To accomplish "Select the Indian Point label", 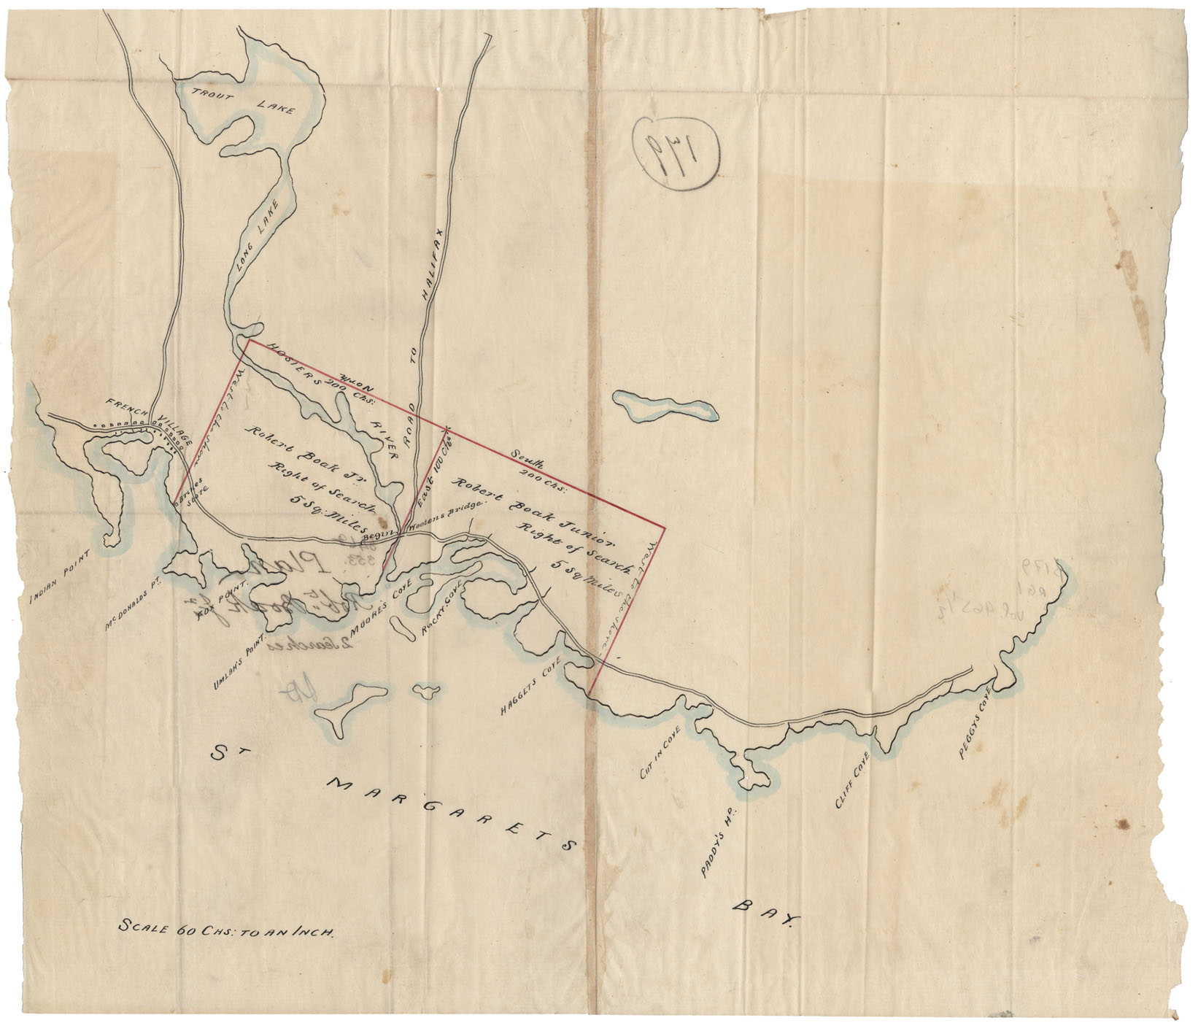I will click(61, 576).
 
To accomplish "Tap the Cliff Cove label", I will click(851, 779).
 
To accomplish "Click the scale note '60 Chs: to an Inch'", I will click(227, 931).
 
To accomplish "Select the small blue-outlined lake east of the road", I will click(663, 406).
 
